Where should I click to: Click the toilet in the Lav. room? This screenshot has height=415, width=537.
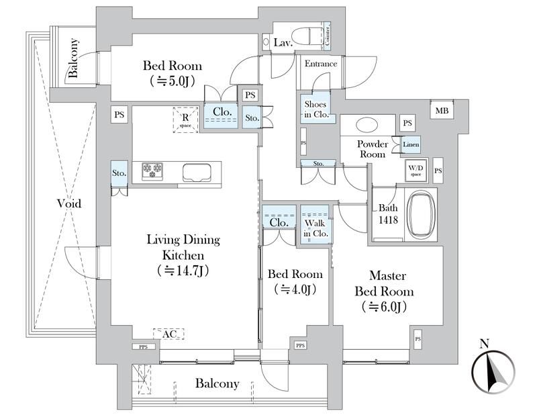[x=308, y=34]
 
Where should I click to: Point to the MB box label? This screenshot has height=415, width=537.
[x=442, y=111]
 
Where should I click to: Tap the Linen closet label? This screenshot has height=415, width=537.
[x=411, y=145]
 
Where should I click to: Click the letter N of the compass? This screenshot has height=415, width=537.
[x=485, y=344]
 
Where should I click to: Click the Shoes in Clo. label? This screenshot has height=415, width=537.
[x=315, y=109]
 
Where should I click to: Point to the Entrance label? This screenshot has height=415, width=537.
[x=321, y=64]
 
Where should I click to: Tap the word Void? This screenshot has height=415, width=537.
[x=68, y=203]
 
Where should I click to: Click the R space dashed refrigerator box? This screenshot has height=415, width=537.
[x=185, y=120]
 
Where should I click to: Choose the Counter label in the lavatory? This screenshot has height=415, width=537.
[x=327, y=35]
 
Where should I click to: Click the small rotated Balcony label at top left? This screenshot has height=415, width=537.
[x=74, y=60]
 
